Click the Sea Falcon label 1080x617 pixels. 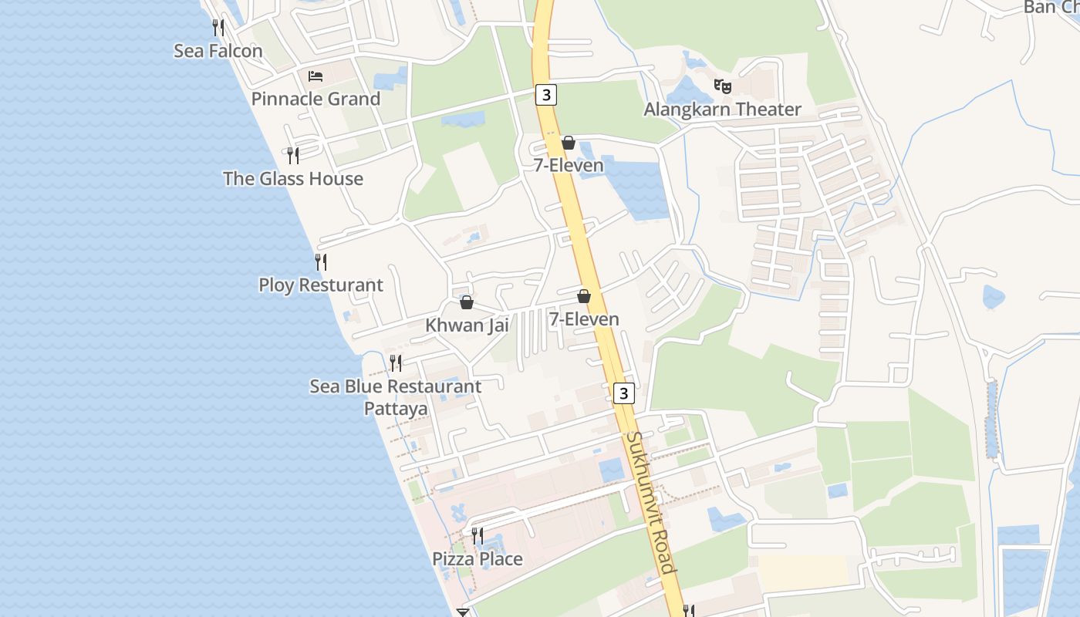218,51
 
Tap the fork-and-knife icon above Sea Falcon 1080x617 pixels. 218,28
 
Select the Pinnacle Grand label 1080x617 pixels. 316,99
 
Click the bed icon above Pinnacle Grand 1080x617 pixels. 316,76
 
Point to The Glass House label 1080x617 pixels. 293,179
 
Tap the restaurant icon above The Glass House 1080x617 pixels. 293,156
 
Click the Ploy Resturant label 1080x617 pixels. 321,285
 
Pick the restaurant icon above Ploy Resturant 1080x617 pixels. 321,262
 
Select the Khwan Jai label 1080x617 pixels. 467,325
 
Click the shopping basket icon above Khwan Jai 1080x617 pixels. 467,302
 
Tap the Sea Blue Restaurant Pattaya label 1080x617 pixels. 396,396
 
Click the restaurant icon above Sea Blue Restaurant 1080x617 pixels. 396,362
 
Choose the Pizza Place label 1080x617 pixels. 478,559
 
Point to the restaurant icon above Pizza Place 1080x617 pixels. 478,535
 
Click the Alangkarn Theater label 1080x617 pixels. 723,110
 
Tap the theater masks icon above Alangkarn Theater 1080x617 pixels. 723,86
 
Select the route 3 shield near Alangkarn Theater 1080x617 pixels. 546,95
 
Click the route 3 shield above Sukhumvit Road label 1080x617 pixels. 624,393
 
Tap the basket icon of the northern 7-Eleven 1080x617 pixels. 569,143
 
